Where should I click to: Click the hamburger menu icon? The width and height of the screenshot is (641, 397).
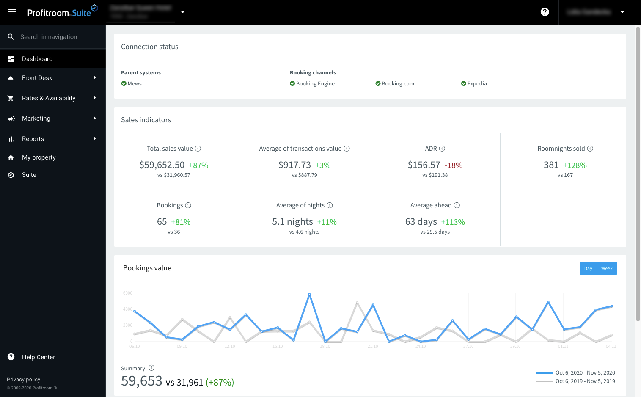click(12, 12)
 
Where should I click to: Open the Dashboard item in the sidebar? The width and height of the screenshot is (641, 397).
click(37, 59)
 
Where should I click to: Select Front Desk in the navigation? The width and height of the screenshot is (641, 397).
click(37, 78)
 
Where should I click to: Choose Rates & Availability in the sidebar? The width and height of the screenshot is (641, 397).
click(49, 98)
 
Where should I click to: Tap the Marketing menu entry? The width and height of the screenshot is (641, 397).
click(36, 119)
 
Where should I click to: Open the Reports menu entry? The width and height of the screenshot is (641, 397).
click(33, 139)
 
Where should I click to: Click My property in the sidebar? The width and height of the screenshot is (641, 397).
click(39, 157)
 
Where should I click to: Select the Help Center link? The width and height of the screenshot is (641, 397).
click(39, 357)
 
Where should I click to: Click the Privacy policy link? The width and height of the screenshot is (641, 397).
click(24, 380)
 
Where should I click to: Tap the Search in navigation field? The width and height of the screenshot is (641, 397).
click(49, 37)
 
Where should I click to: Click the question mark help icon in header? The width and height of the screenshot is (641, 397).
click(545, 12)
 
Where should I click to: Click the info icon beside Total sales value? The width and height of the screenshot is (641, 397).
click(198, 149)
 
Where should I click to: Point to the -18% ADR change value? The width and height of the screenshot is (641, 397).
click(454, 165)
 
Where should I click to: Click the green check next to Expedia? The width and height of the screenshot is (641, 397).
click(464, 83)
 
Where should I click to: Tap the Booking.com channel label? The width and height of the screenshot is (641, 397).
click(398, 84)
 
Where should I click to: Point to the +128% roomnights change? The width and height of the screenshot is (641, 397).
click(575, 165)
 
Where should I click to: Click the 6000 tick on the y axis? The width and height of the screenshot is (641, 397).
click(128, 293)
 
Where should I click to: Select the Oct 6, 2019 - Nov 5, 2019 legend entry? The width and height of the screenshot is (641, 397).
click(585, 381)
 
